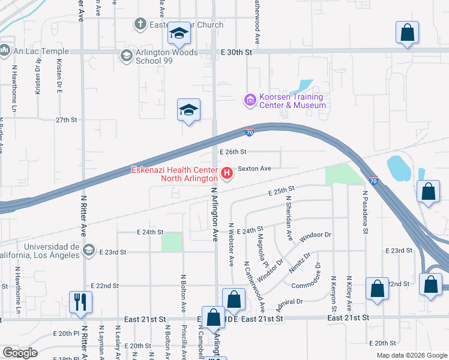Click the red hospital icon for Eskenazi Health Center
[228, 174]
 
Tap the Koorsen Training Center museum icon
[250, 100]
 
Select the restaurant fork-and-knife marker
[80, 302]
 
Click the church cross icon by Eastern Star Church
[140, 25]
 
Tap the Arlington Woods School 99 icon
[126, 56]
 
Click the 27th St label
[67, 120]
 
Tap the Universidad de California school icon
[89, 250]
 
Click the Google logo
[20, 353]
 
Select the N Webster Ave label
[231, 244]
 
